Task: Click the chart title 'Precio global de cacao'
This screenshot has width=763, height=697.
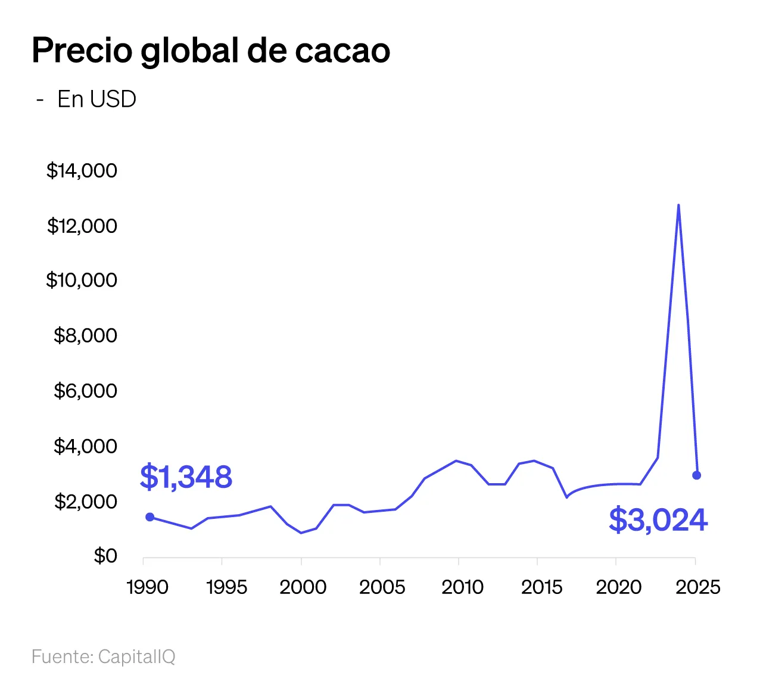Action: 211,51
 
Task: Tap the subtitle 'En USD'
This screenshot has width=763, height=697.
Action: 96,99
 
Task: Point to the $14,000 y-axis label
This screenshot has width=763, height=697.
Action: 82,171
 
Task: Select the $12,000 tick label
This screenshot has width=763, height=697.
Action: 82,226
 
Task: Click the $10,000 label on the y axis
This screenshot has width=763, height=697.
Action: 82,280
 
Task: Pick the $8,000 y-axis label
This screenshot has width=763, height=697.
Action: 85,335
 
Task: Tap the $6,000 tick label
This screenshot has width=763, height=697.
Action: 85,391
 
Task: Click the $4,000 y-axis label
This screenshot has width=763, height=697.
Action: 85,446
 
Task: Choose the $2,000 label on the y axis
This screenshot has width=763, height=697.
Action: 85,502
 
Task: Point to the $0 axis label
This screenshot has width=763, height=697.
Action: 105,556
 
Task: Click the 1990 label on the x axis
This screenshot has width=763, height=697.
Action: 147,587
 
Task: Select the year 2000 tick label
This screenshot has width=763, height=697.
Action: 303,587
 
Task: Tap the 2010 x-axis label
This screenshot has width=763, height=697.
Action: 462,587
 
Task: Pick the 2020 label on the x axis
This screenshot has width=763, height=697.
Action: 618,587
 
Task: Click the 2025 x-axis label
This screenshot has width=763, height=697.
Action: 697,587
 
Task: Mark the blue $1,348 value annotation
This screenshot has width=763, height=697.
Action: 186,477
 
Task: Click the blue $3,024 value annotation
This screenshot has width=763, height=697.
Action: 658,520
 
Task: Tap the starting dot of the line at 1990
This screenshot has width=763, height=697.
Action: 150,517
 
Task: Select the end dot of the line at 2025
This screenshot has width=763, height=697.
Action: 696,475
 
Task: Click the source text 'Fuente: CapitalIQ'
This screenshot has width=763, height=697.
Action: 103,656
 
